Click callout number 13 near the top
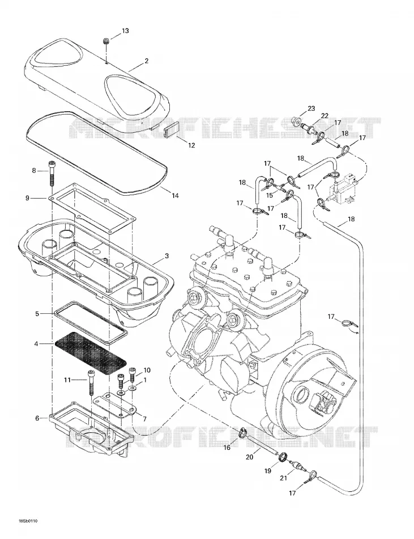click(125, 31)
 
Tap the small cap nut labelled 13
click(106, 41)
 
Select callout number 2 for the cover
click(147, 61)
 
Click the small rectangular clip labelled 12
click(170, 130)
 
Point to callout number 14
click(175, 196)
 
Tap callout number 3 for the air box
click(167, 256)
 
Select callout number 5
click(37, 314)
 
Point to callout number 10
click(147, 370)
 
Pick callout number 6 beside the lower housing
click(37, 418)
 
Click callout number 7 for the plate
click(144, 419)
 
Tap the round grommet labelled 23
click(295, 121)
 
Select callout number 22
click(325, 116)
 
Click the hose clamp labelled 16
click(242, 434)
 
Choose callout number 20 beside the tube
click(249, 457)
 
